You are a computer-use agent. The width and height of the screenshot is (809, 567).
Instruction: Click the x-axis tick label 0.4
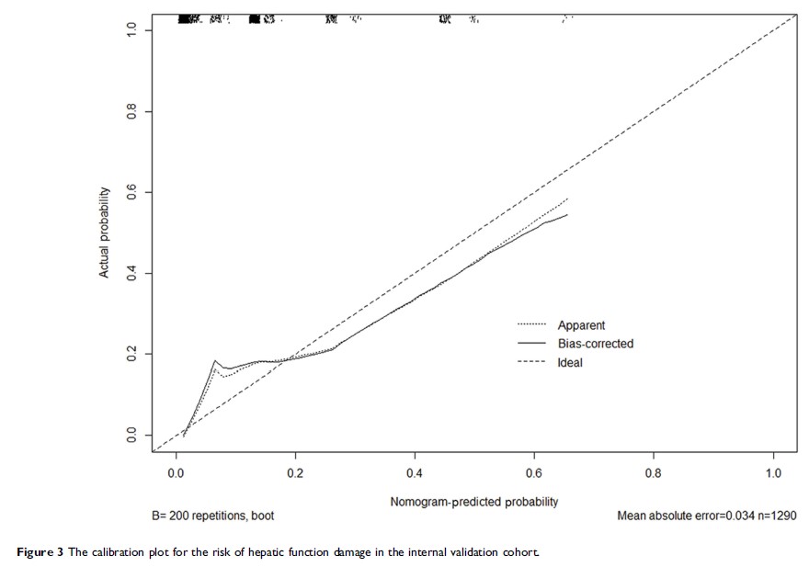(x=415, y=471)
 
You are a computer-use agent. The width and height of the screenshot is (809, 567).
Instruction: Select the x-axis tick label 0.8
(x=654, y=471)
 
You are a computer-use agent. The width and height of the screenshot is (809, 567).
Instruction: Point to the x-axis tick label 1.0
(x=773, y=471)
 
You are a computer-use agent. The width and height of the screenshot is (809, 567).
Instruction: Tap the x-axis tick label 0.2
(x=295, y=471)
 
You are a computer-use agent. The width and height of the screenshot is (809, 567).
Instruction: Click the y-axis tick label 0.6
(x=131, y=192)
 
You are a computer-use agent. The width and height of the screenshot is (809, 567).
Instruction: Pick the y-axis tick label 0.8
(x=131, y=111)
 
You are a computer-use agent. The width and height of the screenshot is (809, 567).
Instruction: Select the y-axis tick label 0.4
(x=131, y=273)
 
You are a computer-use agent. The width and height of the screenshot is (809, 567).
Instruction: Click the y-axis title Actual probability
(x=105, y=232)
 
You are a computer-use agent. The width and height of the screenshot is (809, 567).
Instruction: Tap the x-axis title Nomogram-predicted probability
(x=473, y=502)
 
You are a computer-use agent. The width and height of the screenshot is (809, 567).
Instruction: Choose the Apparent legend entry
(x=581, y=325)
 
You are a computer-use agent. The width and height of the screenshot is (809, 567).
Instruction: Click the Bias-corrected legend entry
(x=595, y=344)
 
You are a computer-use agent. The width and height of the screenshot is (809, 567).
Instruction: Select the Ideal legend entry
(x=570, y=363)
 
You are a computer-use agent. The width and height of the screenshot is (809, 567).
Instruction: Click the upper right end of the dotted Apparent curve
(x=568, y=198)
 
